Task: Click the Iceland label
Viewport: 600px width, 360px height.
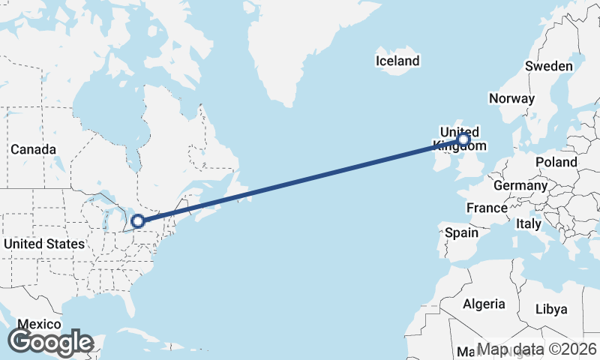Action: (398, 61)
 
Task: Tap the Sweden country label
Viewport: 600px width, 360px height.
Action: (549, 66)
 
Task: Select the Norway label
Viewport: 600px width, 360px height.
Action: (511, 98)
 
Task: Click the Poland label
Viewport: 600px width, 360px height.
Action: (556, 162)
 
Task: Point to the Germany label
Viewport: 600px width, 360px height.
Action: (520, 185)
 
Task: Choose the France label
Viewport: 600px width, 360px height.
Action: (487, 207)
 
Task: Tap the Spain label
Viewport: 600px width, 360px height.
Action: (461, 232)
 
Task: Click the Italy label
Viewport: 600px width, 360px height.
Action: (529, 223)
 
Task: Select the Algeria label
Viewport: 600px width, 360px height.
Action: (484, 304)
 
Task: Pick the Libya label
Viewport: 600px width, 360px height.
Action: (551, 309)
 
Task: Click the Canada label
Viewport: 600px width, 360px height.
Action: (33, 149)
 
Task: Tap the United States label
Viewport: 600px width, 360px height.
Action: (44, 244)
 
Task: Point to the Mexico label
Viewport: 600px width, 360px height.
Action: (39, 324)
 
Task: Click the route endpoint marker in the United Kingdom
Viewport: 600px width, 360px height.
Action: (463, 139)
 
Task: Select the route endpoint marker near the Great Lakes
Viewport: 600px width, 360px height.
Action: (137, 220)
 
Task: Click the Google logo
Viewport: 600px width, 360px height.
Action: (51, 342)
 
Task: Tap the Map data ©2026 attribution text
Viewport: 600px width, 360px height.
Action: (537, 349)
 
